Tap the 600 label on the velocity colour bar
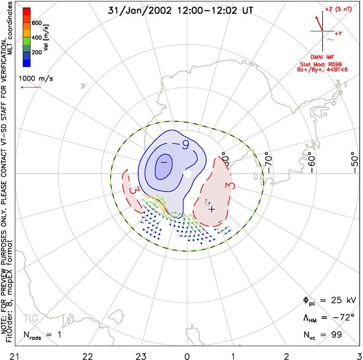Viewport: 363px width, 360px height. (x=36, y=23)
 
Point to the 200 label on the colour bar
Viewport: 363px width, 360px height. (x=36, y=53)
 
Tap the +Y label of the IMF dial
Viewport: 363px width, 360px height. (x=338, y=34)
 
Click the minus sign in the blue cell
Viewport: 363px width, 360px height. (x=164, y=162)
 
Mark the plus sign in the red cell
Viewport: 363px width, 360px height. (x=212, y=209)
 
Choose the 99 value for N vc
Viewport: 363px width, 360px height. (x=336, y=335)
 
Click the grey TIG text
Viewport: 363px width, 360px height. (x=30, y=319)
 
